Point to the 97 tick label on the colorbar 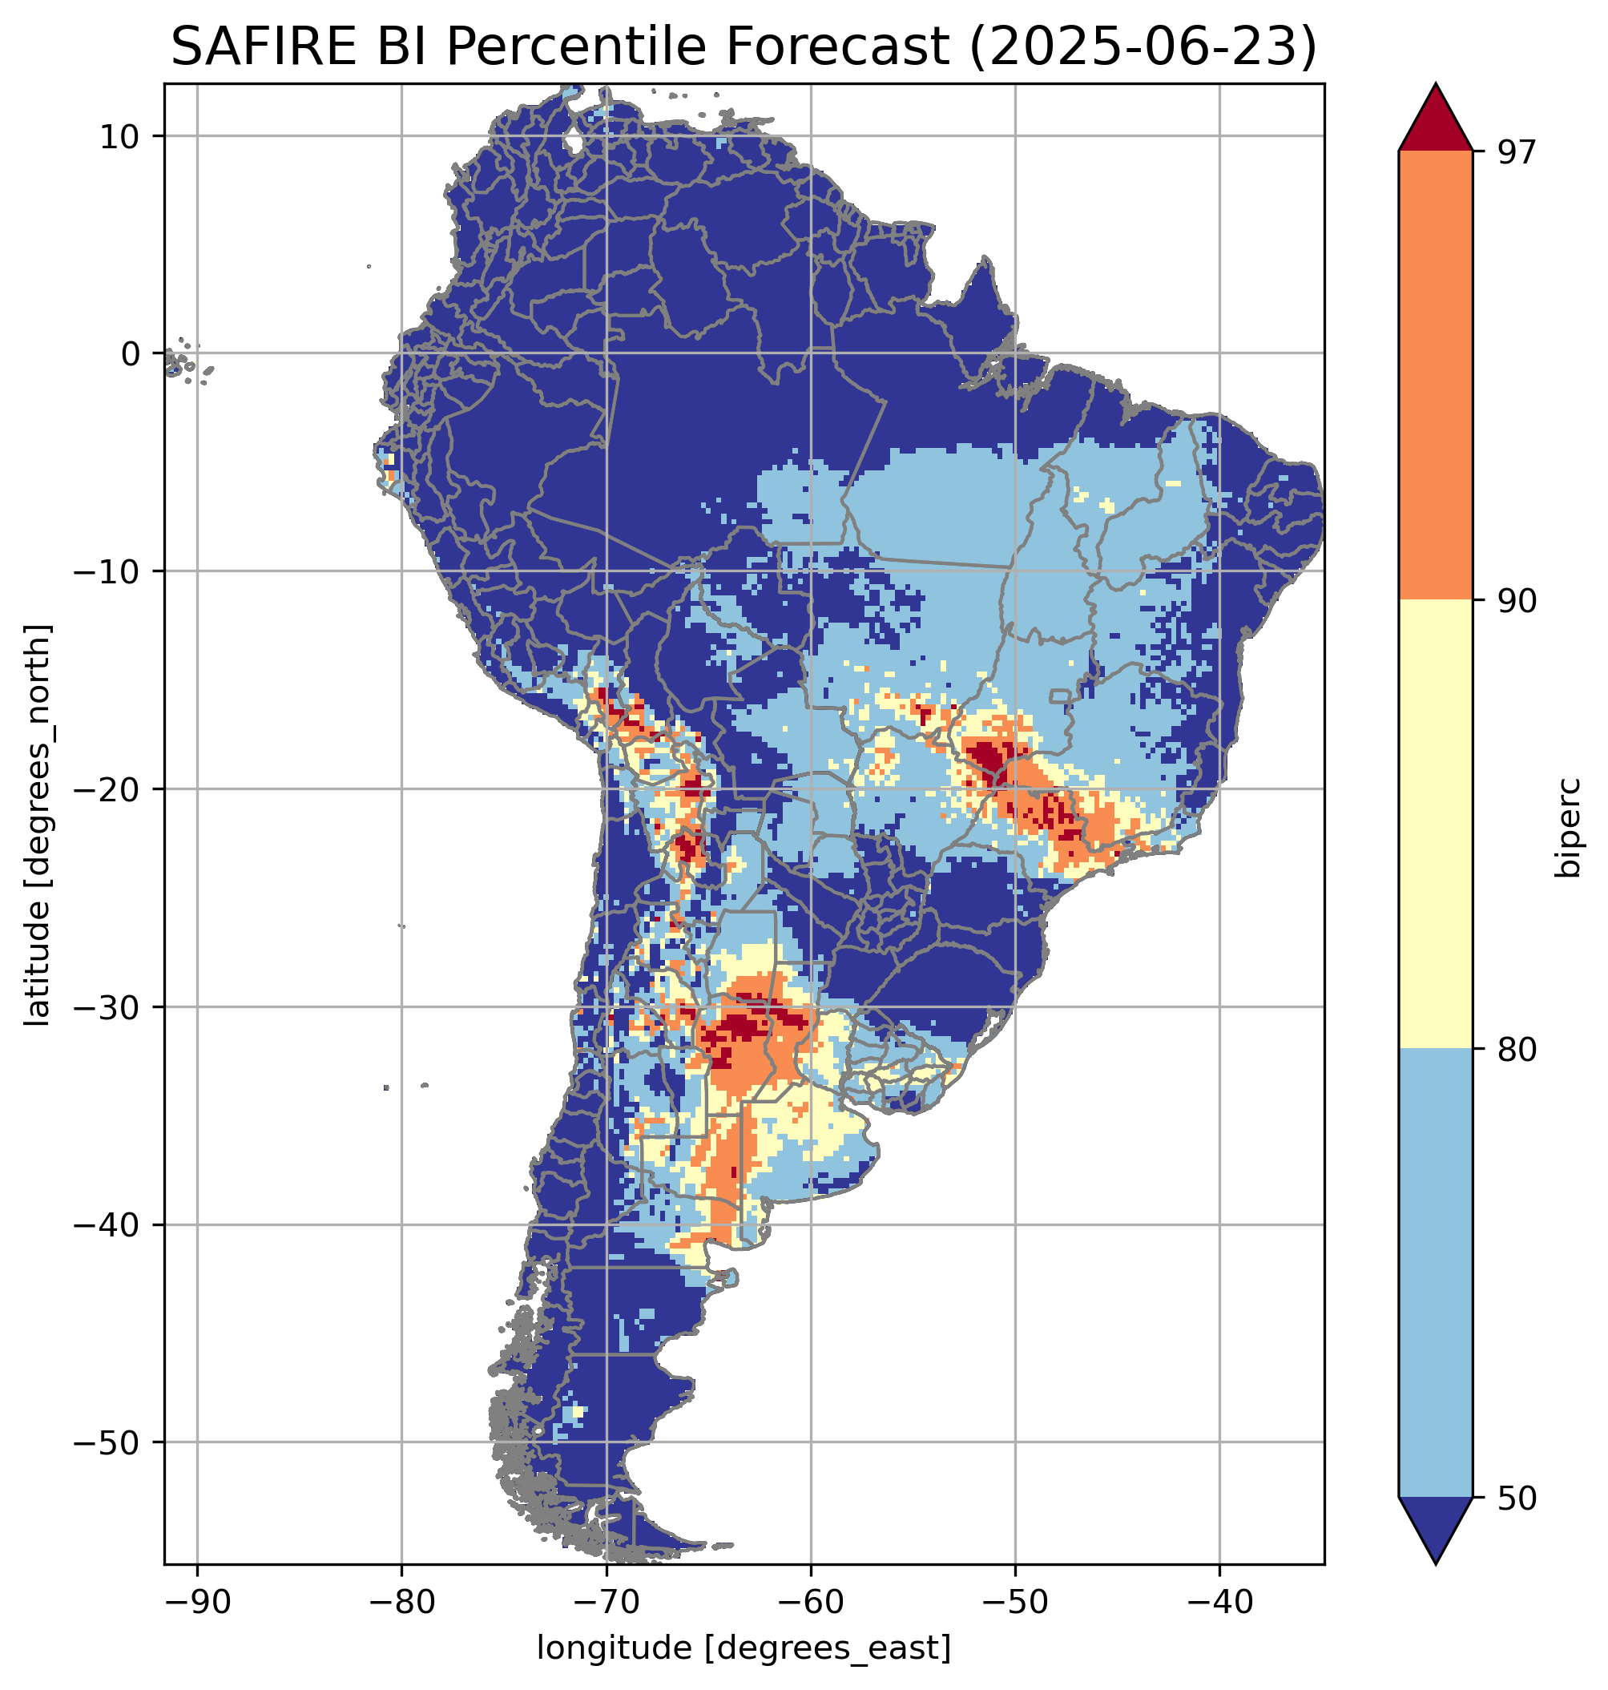[1517, 151]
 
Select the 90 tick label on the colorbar [1517, 601]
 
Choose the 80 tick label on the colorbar [1517, 1050]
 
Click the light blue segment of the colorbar [1435, 1273]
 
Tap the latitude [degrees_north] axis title [38, 825]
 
